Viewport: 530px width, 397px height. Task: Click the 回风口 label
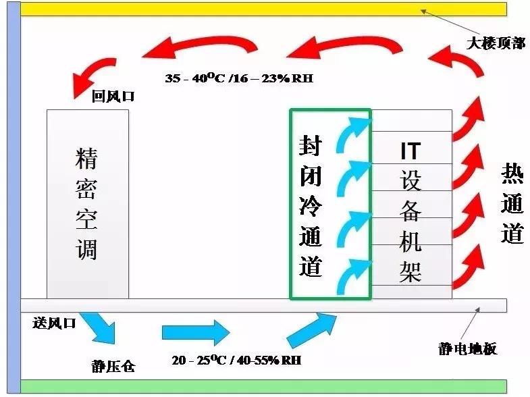coord(113,97)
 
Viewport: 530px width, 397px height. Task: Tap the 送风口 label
coord(54,323)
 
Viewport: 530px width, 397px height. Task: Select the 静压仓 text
coord(113,367)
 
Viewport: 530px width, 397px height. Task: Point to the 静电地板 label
coord(467,348)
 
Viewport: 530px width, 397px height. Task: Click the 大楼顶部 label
coord(496,43)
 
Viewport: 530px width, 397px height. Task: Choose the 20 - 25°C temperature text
coord(198,360)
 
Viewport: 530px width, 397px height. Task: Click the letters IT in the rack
coord(410,151)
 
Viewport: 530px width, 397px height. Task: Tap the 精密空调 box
coord(88,204)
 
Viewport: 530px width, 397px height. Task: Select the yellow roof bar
coord(263,9)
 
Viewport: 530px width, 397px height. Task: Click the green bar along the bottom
coord(263,386)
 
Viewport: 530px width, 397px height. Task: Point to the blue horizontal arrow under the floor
coord(196,332)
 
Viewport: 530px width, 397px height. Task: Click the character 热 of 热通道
coord(512,174)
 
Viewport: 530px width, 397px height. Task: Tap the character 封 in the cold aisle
coord(311,145)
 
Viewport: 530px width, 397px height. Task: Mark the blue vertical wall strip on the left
coord(14,198)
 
